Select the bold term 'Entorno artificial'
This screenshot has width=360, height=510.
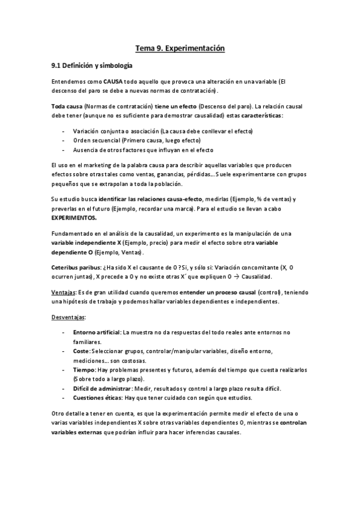tap(96, 332)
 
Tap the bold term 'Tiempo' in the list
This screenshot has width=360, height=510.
tap(84, 370)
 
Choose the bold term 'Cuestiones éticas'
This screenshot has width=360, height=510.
tap(96, 398)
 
